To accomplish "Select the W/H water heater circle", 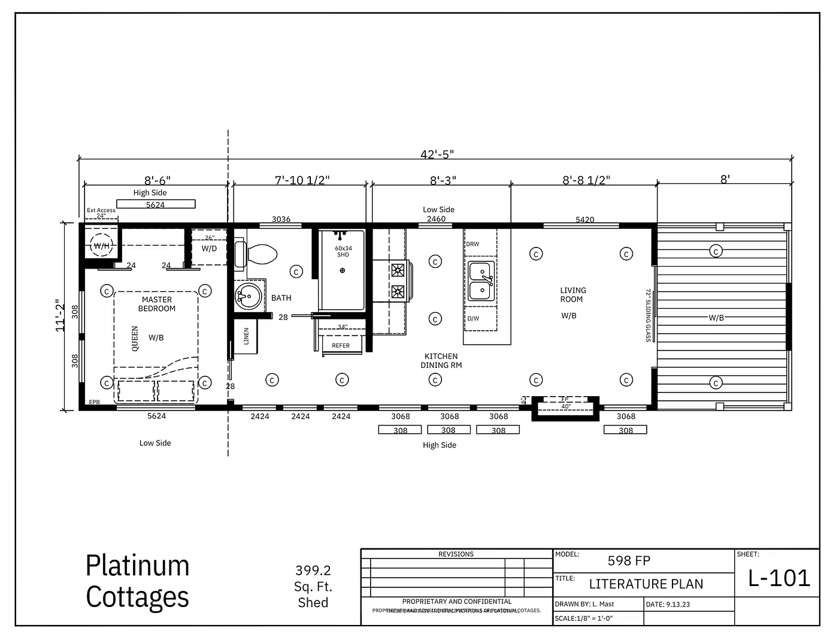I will pos(101,246).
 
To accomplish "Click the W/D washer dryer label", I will pos(209,249).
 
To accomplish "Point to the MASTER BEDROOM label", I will pos(157,304).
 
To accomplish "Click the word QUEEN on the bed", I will pos(135,339).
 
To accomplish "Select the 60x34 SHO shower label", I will pos(343,251).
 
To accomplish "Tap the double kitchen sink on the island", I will pos(481,280).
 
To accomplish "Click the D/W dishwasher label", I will pos(473,318).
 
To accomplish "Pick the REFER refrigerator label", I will pos(341,346).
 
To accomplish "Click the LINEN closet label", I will pos(246,336).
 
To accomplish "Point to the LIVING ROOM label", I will pos(573,295).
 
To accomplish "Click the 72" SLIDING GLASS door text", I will pos(648,315).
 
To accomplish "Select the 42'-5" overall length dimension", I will pos(437,154).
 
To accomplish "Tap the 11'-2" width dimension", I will pos(61,315).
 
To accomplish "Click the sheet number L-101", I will pos(779,578).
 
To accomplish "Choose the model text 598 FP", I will pos(628,561).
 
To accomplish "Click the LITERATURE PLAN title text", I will pos(646,584).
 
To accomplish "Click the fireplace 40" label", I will pos(565,406).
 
